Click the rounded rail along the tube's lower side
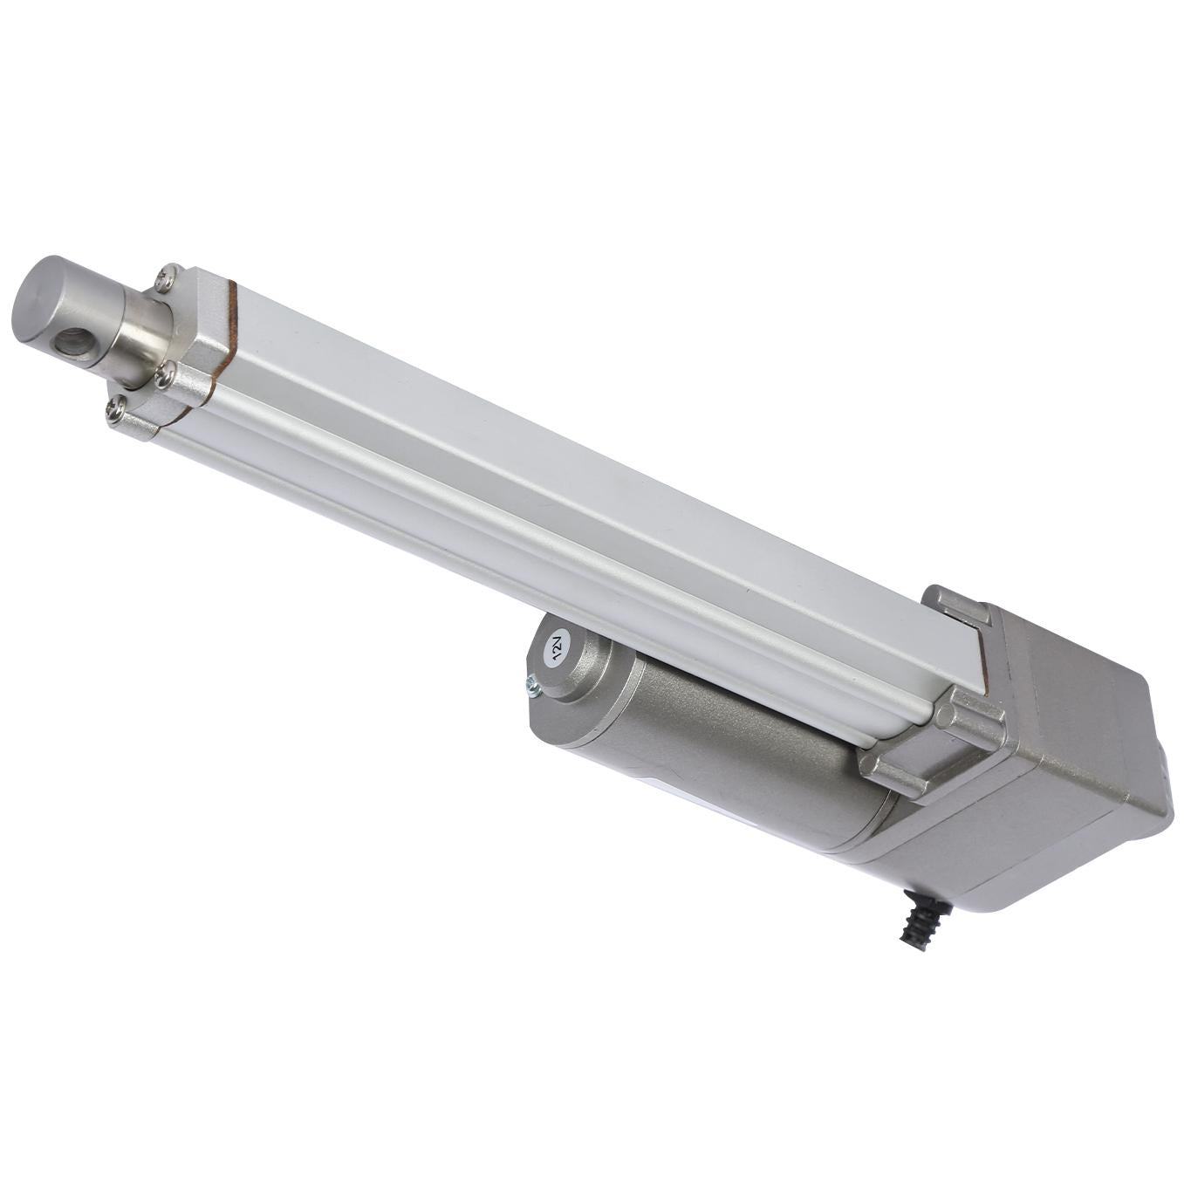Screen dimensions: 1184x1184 point(524,558)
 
